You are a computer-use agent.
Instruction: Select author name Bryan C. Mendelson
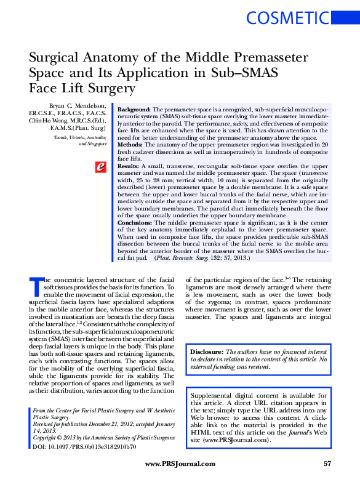click(76, 106)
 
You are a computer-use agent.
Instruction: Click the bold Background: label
click(134, 106)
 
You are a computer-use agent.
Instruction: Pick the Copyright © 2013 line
click(100, 436)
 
